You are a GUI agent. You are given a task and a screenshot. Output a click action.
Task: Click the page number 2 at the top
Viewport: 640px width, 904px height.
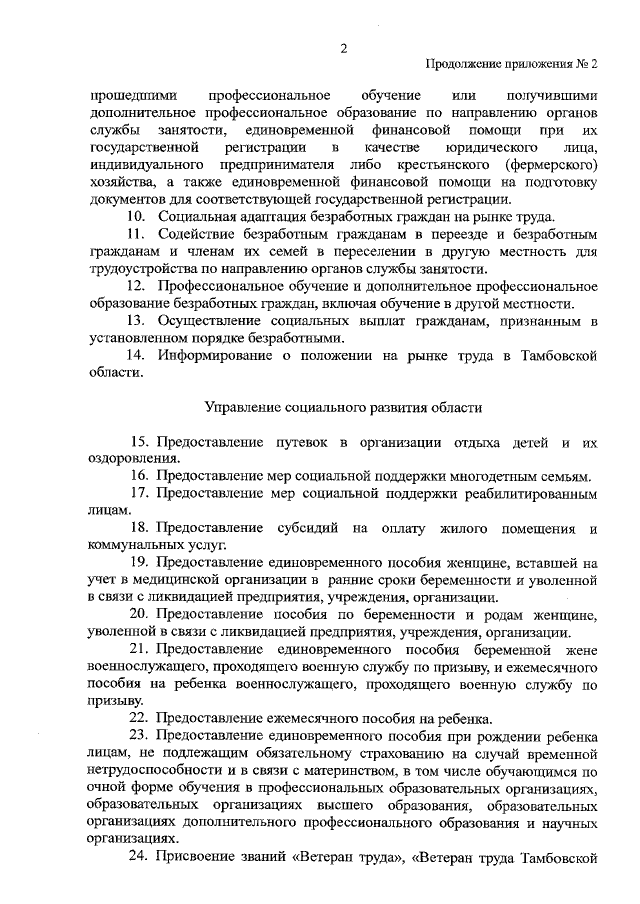pyautogui.click(x=342, y=46)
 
